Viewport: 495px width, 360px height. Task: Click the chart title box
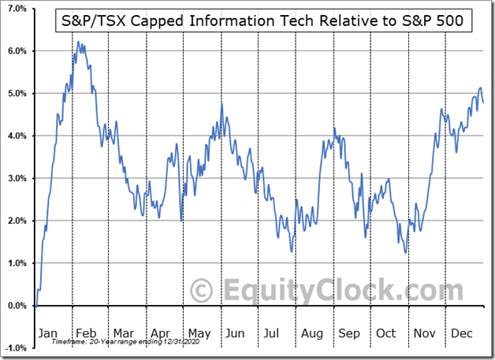tap(265, 21)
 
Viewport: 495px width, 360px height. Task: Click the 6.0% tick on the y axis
tap(17, 50)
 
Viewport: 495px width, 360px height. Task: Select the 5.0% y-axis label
tap(17, 93)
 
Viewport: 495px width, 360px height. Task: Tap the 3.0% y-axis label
tap(17, 178)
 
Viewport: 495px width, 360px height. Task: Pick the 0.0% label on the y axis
tap(17, 306)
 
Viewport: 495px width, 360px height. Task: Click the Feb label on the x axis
tap(85, 333)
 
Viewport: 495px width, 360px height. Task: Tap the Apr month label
tap(162, 333)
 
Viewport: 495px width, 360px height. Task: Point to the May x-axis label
tap(200, 333)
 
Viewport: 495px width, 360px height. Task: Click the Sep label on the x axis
tap(349, 333)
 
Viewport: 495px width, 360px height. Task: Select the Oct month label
tap(386, 333)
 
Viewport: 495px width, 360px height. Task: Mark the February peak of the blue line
tap(77, 43)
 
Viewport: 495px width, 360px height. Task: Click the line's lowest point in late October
tap(405, 253)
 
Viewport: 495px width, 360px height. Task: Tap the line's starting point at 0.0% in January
tap(35, 306)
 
